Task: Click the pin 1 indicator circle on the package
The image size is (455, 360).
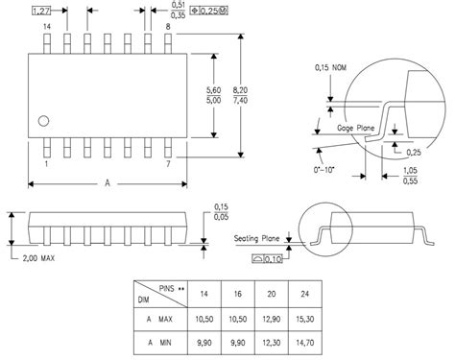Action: coord(43,120)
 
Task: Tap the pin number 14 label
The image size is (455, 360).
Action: coord(45,27)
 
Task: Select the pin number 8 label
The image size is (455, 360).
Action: coord(169,27)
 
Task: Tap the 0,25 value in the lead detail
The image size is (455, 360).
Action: coord(414,152)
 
